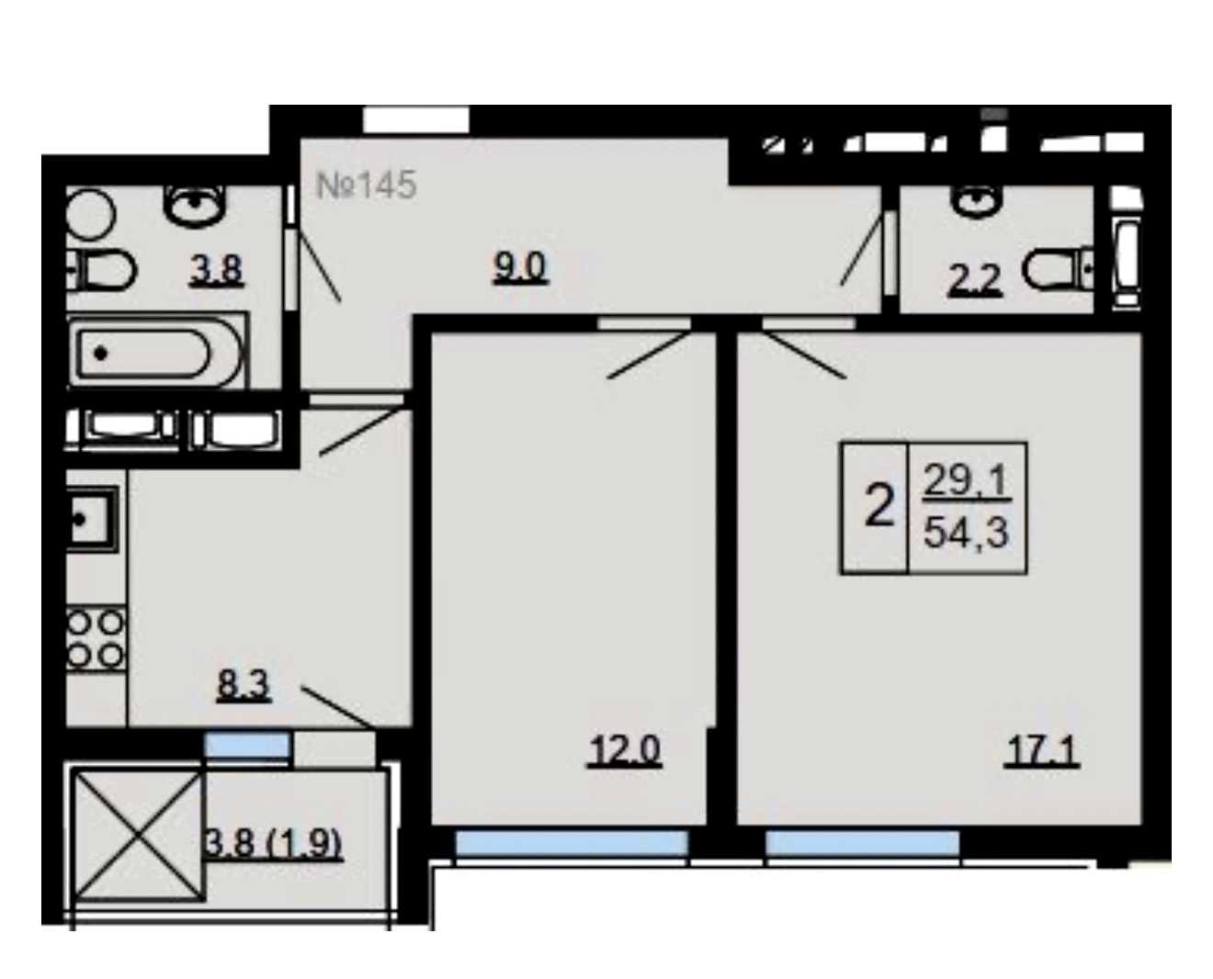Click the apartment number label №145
point(366,186)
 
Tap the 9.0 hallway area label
point(520,267)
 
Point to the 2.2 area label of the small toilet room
point(974,281)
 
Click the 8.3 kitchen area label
point(244,685)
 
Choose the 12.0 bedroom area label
point(624,749)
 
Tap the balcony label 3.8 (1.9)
point(273,843)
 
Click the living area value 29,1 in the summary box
point(966,481)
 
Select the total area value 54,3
point(966,534)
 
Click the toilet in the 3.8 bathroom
point(103,270)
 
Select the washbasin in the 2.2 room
point(977,201)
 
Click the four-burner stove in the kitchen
point(96,638)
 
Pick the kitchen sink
point(94,519)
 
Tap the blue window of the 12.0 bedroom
point(572,843)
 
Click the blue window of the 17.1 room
point(863,843)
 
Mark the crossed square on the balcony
point(138,836)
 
